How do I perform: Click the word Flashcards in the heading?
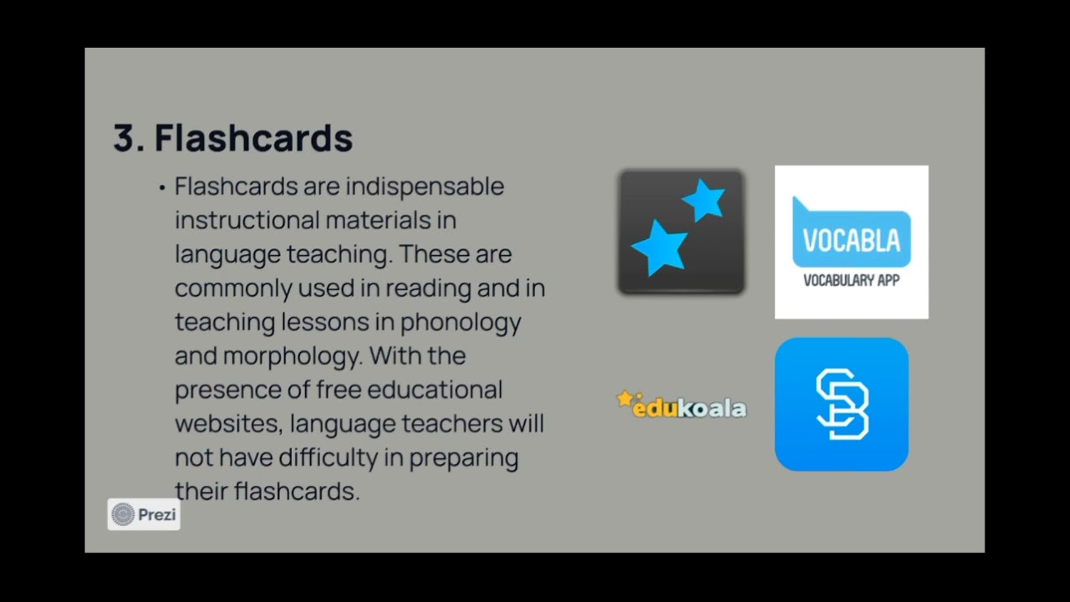click(x=253, y=139)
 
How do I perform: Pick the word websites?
click(x=226, y=424)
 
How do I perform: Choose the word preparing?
click(x=464, y=458)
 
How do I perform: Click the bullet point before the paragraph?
click(x=161, y=188)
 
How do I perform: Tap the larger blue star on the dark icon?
click(x=659, y=247)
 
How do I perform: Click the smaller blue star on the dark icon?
click(x=703, y=201)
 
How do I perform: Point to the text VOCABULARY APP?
click(x=851, y=281)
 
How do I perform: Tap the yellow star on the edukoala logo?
click(x=624, y=399)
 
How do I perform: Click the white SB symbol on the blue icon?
click(x=841, y=405)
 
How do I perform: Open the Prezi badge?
click(x=144, y=514)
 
